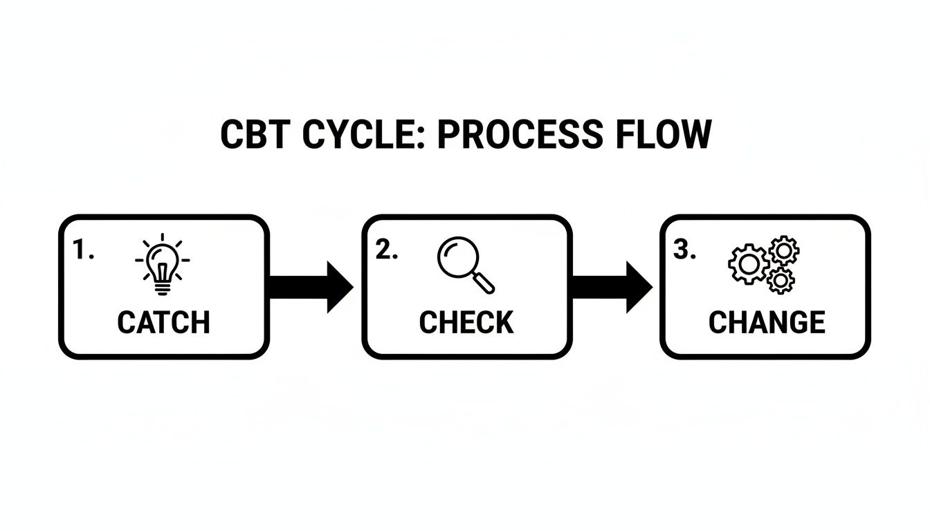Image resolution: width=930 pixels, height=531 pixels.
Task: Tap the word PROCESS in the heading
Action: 520,135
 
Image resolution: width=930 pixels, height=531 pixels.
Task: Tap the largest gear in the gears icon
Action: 748,263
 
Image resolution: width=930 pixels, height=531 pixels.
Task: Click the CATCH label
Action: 163,323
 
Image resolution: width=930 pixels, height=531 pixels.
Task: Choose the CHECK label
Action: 466,323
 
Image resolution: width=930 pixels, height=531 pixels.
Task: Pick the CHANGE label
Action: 767,323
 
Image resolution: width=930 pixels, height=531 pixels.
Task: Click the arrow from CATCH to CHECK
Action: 310,287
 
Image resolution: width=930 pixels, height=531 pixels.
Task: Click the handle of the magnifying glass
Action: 485,282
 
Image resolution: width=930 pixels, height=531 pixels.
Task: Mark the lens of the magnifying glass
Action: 456,256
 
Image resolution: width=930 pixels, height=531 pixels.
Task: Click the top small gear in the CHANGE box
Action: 784,250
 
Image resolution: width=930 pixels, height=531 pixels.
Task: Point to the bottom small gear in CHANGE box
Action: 781,280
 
